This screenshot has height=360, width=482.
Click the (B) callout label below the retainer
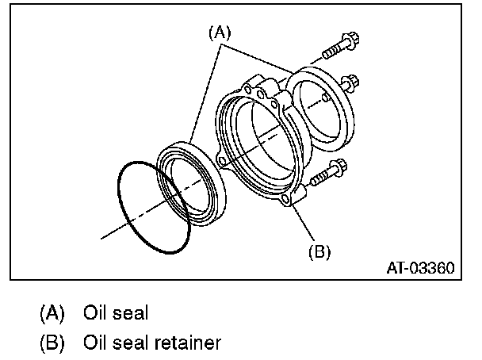pos(318,251)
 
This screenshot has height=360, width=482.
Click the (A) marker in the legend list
pos(53,313)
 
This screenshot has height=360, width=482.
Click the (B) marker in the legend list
pos(53,343)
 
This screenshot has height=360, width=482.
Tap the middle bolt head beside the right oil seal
pos(349,83)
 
